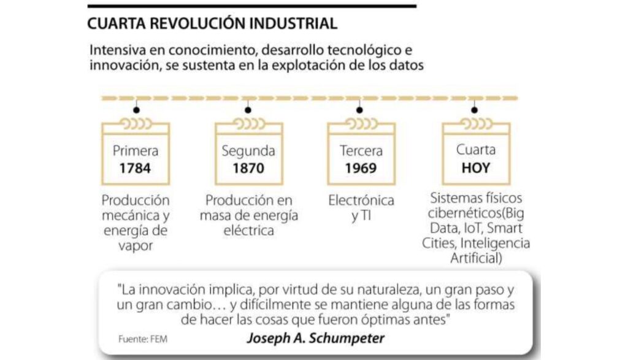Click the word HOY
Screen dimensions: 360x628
point(475,167)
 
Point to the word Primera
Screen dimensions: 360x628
point(135,150)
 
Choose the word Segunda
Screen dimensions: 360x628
point(248,150)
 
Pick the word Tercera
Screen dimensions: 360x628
point(361,150)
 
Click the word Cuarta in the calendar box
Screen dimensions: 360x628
point(476,150)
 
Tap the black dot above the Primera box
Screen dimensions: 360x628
point(136,110)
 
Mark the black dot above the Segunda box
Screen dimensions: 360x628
point(248,110)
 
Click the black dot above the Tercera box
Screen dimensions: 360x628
point(360,110)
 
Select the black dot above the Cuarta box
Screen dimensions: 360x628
point(473,110)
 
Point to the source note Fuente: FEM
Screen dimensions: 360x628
point(143,338)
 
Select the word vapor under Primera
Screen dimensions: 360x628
point(135,245)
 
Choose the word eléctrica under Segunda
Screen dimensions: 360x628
point(248,231)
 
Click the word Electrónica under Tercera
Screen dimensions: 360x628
point(361,201)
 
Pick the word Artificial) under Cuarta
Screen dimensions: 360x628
point(476,258)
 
